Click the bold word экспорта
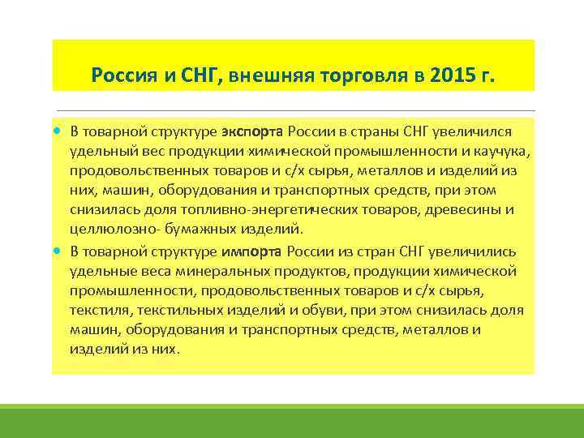pyautogui.click(x=252, y=131)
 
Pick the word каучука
pyautogui.click(x=503, y=151)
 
